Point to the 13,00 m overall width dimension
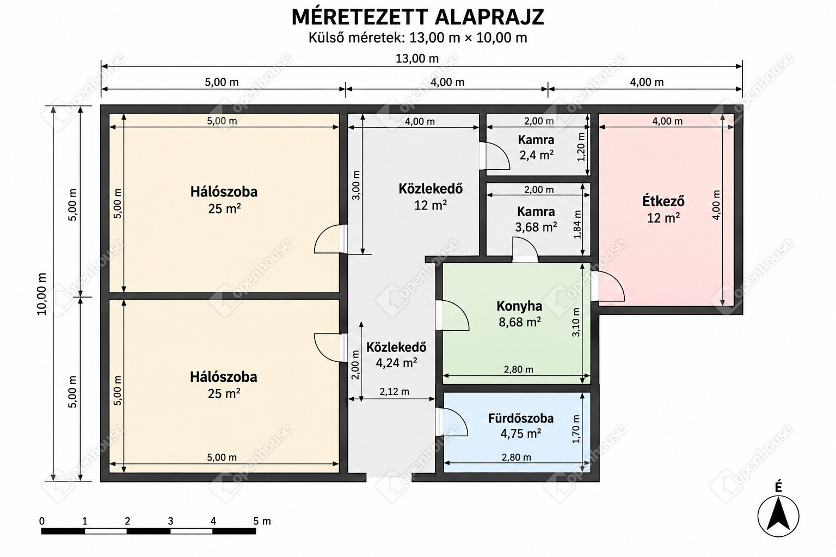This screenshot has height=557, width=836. (x=417, y=59)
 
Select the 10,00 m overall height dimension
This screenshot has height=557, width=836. (x=42, y=294)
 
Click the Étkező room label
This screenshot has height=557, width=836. (x=663, y=201)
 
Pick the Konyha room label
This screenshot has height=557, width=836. (x=519, y=306)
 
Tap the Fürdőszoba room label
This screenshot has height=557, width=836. (x=521, y=418)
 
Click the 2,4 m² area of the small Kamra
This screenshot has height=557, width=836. (x=536, y=155)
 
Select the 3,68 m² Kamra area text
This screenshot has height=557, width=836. (x=536, y=227)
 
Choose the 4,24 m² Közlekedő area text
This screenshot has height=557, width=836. (x=396, y=363)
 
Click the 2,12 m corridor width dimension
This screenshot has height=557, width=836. (x=394, y=391)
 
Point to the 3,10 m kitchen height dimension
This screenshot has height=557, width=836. (x=576, y=323)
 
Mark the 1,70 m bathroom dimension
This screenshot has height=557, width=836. (x=576, y=429)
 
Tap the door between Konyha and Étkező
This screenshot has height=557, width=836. (x=608, y=286)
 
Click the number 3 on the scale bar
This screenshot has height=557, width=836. (x=170, y=521)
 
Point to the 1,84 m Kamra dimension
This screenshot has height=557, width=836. (x=577, y=225)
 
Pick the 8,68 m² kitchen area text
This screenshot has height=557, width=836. (x=520, y=322)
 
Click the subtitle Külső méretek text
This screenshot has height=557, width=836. (x=356, y=38)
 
